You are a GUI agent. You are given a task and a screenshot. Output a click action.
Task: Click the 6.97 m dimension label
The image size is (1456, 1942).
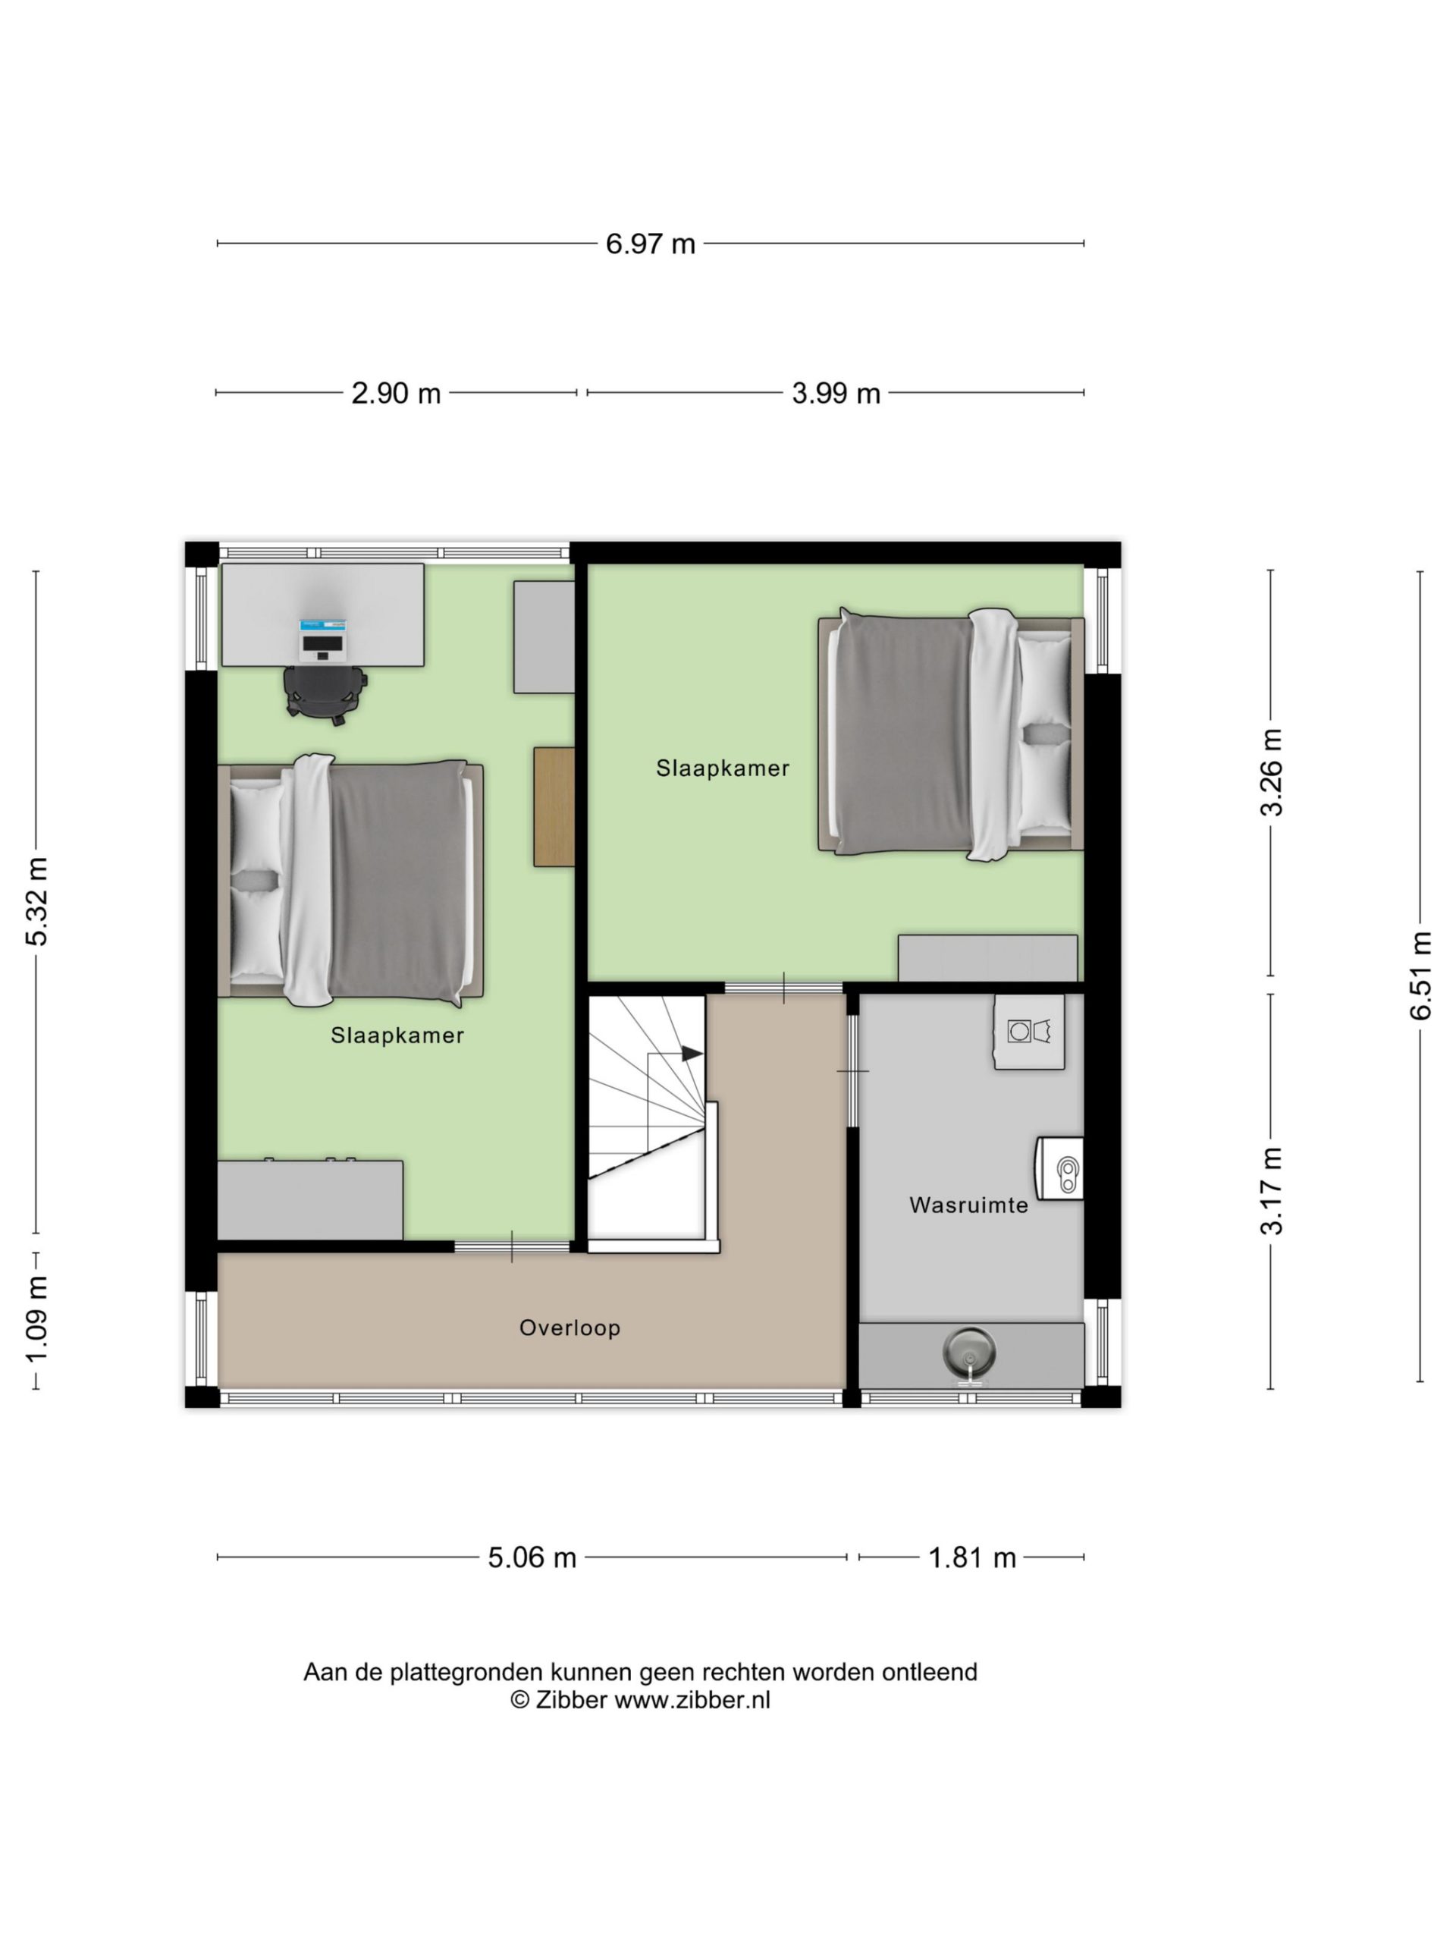point(651,244)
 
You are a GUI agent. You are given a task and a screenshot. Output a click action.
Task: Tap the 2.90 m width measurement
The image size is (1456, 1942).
point(396,392)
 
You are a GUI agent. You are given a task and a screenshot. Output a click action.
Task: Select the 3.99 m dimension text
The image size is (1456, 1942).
point(836,392)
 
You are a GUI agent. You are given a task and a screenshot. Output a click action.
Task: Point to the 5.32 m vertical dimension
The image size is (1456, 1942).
point(37,900)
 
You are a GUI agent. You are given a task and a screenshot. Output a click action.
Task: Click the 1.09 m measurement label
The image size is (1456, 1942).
point(37,1319)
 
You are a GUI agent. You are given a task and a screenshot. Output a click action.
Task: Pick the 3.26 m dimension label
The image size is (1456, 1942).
point(1272,772)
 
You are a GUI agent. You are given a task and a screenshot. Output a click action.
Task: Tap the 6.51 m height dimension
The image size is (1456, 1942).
point(1421,976)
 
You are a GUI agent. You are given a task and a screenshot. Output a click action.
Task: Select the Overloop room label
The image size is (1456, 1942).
point(570,1328)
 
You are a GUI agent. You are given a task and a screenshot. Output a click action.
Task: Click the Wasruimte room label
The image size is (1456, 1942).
point(968,1205)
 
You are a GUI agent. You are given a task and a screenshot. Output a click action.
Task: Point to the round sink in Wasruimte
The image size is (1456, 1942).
point(969,1351)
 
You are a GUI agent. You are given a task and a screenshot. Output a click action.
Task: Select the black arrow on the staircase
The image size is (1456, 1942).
point(692,1053)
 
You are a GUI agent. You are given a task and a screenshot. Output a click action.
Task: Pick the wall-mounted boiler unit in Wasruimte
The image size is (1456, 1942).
point(1060,1167)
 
